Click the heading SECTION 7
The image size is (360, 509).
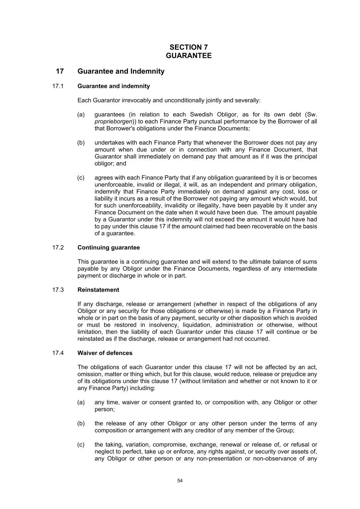click(188, 47)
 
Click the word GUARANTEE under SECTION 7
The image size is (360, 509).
click(188, 56)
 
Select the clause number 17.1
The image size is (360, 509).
click(58, 86)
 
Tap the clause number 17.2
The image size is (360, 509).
click(58, 248)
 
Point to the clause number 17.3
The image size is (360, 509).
click(58, 290)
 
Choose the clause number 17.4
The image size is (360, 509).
click(58, 353)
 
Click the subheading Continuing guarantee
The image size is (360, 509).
click(109, 248)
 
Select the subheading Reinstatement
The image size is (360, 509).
click(98, 290)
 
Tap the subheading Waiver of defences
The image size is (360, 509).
click(105, 353)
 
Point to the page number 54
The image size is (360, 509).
click(180, 481)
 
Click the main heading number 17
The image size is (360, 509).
click(60, 71)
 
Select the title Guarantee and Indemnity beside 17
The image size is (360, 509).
click(121, 71)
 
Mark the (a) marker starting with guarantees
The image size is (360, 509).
click(81, 114)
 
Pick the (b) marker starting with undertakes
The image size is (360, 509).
click(81, 142)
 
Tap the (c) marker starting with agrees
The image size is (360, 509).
click(81, 177)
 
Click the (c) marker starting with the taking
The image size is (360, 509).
click(81, 444)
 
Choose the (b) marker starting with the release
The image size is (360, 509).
click(81, 423)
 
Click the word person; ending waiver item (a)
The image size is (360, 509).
click(104, 409)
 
